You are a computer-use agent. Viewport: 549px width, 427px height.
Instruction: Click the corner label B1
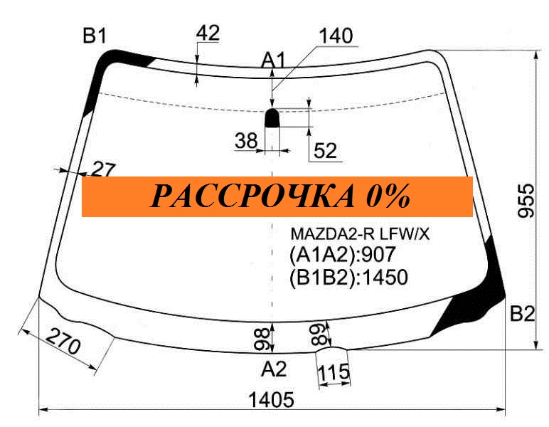(95, 36)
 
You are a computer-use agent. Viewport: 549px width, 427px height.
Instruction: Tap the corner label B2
(523, 314)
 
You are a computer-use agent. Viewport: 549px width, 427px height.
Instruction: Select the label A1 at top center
(274, 60)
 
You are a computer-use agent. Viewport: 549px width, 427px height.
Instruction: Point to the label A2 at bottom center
(274, 369)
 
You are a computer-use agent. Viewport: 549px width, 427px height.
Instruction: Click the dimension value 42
(208, 33)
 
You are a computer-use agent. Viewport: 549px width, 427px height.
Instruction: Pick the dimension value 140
(336, 36)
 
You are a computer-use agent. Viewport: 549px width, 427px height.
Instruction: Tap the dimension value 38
(247, 140)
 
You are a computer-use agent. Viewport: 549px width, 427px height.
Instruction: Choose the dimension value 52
(325, 151)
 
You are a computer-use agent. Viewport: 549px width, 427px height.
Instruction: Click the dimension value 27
(103, 170)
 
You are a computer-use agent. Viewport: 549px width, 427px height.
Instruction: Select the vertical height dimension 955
(526, 201)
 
